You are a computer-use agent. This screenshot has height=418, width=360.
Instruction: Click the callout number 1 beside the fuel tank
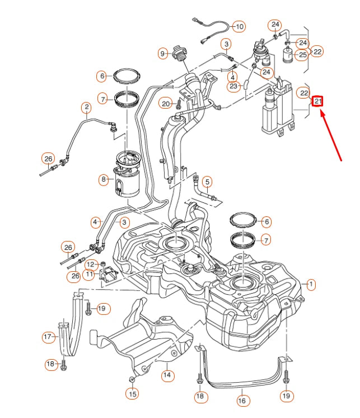point(311,285)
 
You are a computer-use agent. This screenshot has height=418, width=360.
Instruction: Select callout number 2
point(86,106)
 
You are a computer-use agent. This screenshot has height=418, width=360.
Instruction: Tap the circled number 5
point(207,182)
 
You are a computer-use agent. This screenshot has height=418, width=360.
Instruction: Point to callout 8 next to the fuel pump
point(104,180)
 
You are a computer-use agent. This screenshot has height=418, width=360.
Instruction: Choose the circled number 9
point(163,54)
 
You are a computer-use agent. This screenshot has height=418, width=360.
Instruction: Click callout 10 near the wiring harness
point(239,26)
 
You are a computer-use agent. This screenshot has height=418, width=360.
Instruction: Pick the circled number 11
point(89,275)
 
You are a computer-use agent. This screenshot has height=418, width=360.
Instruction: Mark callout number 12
point(89,264)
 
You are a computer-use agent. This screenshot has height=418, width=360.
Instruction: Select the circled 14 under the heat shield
point(166,375)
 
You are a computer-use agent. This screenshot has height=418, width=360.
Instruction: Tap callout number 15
point(132,394)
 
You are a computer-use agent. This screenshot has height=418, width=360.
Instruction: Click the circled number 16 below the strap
point(242,401)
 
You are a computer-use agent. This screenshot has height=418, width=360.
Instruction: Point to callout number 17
point(48,337)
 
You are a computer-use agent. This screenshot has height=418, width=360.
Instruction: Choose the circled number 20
point(165,103)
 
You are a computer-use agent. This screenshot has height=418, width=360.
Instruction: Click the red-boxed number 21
point(317,101)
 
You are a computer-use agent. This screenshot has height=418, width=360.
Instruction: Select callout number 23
point(233,86)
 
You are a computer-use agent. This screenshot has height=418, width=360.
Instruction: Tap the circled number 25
point(302,55)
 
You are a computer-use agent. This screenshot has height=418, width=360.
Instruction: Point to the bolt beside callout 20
point(178,104)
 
